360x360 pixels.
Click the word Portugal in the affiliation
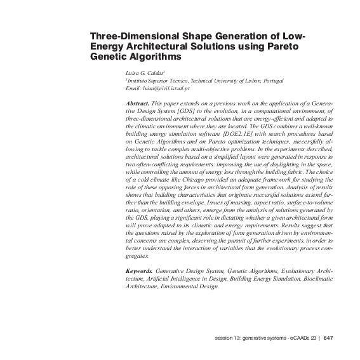coord(274,81)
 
